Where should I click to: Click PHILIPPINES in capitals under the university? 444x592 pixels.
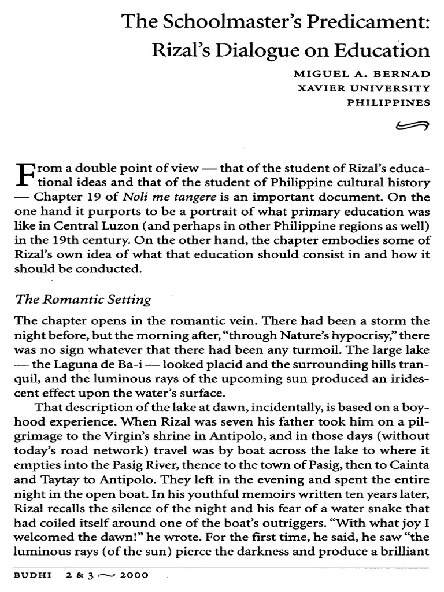click(388, 103)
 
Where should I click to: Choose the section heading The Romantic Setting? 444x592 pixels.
click(83, 299)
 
